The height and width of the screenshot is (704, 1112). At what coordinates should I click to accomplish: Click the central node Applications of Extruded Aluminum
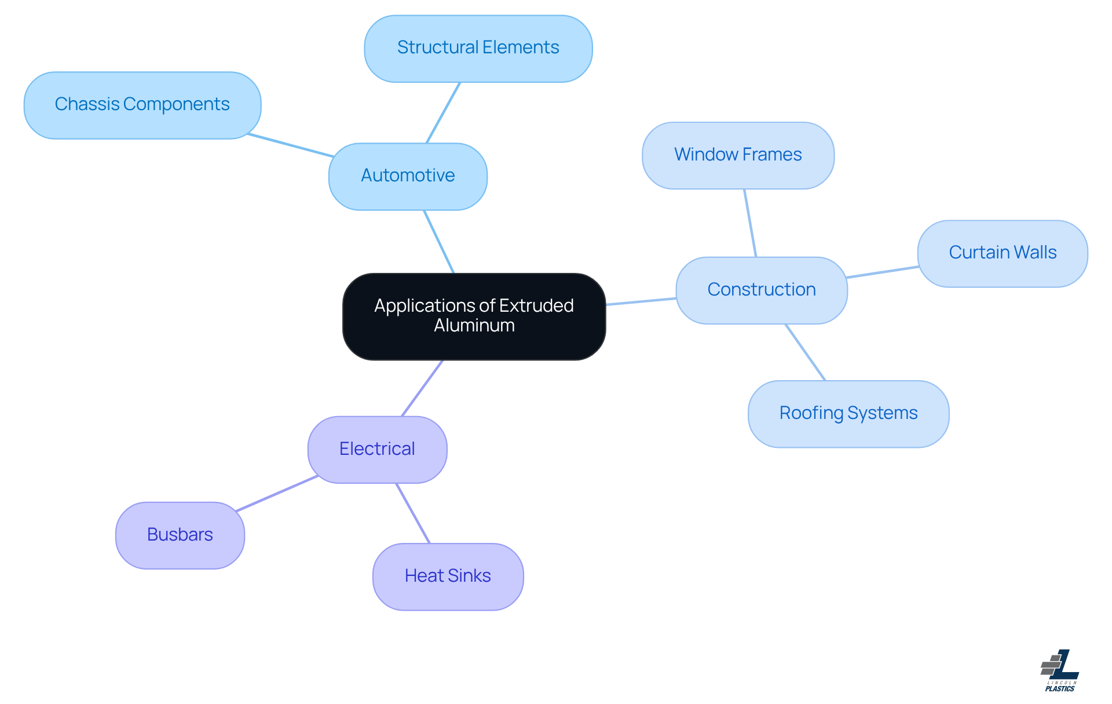[x=474, y=316]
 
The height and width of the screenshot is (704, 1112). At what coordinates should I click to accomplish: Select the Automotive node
[x=408, y=176]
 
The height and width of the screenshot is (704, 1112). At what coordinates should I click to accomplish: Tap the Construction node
[x=761, y=290]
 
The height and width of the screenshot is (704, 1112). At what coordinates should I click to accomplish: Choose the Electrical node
[x=377, y=449]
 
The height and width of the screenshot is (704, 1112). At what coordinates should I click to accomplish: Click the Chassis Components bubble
[x=142, y=105]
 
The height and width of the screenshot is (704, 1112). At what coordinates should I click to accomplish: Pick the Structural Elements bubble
[x=478, y=48]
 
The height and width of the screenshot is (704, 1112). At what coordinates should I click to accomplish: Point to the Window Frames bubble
[x=737, y=155]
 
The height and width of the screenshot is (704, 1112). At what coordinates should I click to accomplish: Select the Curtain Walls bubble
[x=1002, y=253]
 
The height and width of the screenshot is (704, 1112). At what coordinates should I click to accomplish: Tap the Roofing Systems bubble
[x=848, y=414]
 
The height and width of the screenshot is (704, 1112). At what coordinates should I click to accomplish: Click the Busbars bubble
[x=180, y=535]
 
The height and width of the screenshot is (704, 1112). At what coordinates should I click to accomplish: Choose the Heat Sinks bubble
[x=448, y=576]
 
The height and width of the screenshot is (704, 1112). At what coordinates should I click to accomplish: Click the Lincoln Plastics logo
[x=1060, y=670]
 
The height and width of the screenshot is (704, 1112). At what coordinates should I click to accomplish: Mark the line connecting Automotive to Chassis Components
[x=291, y=145]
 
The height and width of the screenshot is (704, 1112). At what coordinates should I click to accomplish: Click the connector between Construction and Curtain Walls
[x=882, y=272]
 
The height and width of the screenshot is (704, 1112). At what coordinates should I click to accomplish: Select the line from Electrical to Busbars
[x=277, y=494]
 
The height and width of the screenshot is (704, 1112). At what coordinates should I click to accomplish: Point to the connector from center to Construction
[x=641, y=301]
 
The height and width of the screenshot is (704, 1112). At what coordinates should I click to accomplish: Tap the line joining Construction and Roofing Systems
[x=805, y=352]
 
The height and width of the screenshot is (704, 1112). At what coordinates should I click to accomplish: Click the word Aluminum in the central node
[x=474, y=326]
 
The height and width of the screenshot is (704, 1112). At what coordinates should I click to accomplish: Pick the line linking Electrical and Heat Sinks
[x=413, y=513]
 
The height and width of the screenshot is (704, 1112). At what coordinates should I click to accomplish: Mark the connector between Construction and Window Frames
[x=750, y=223]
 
